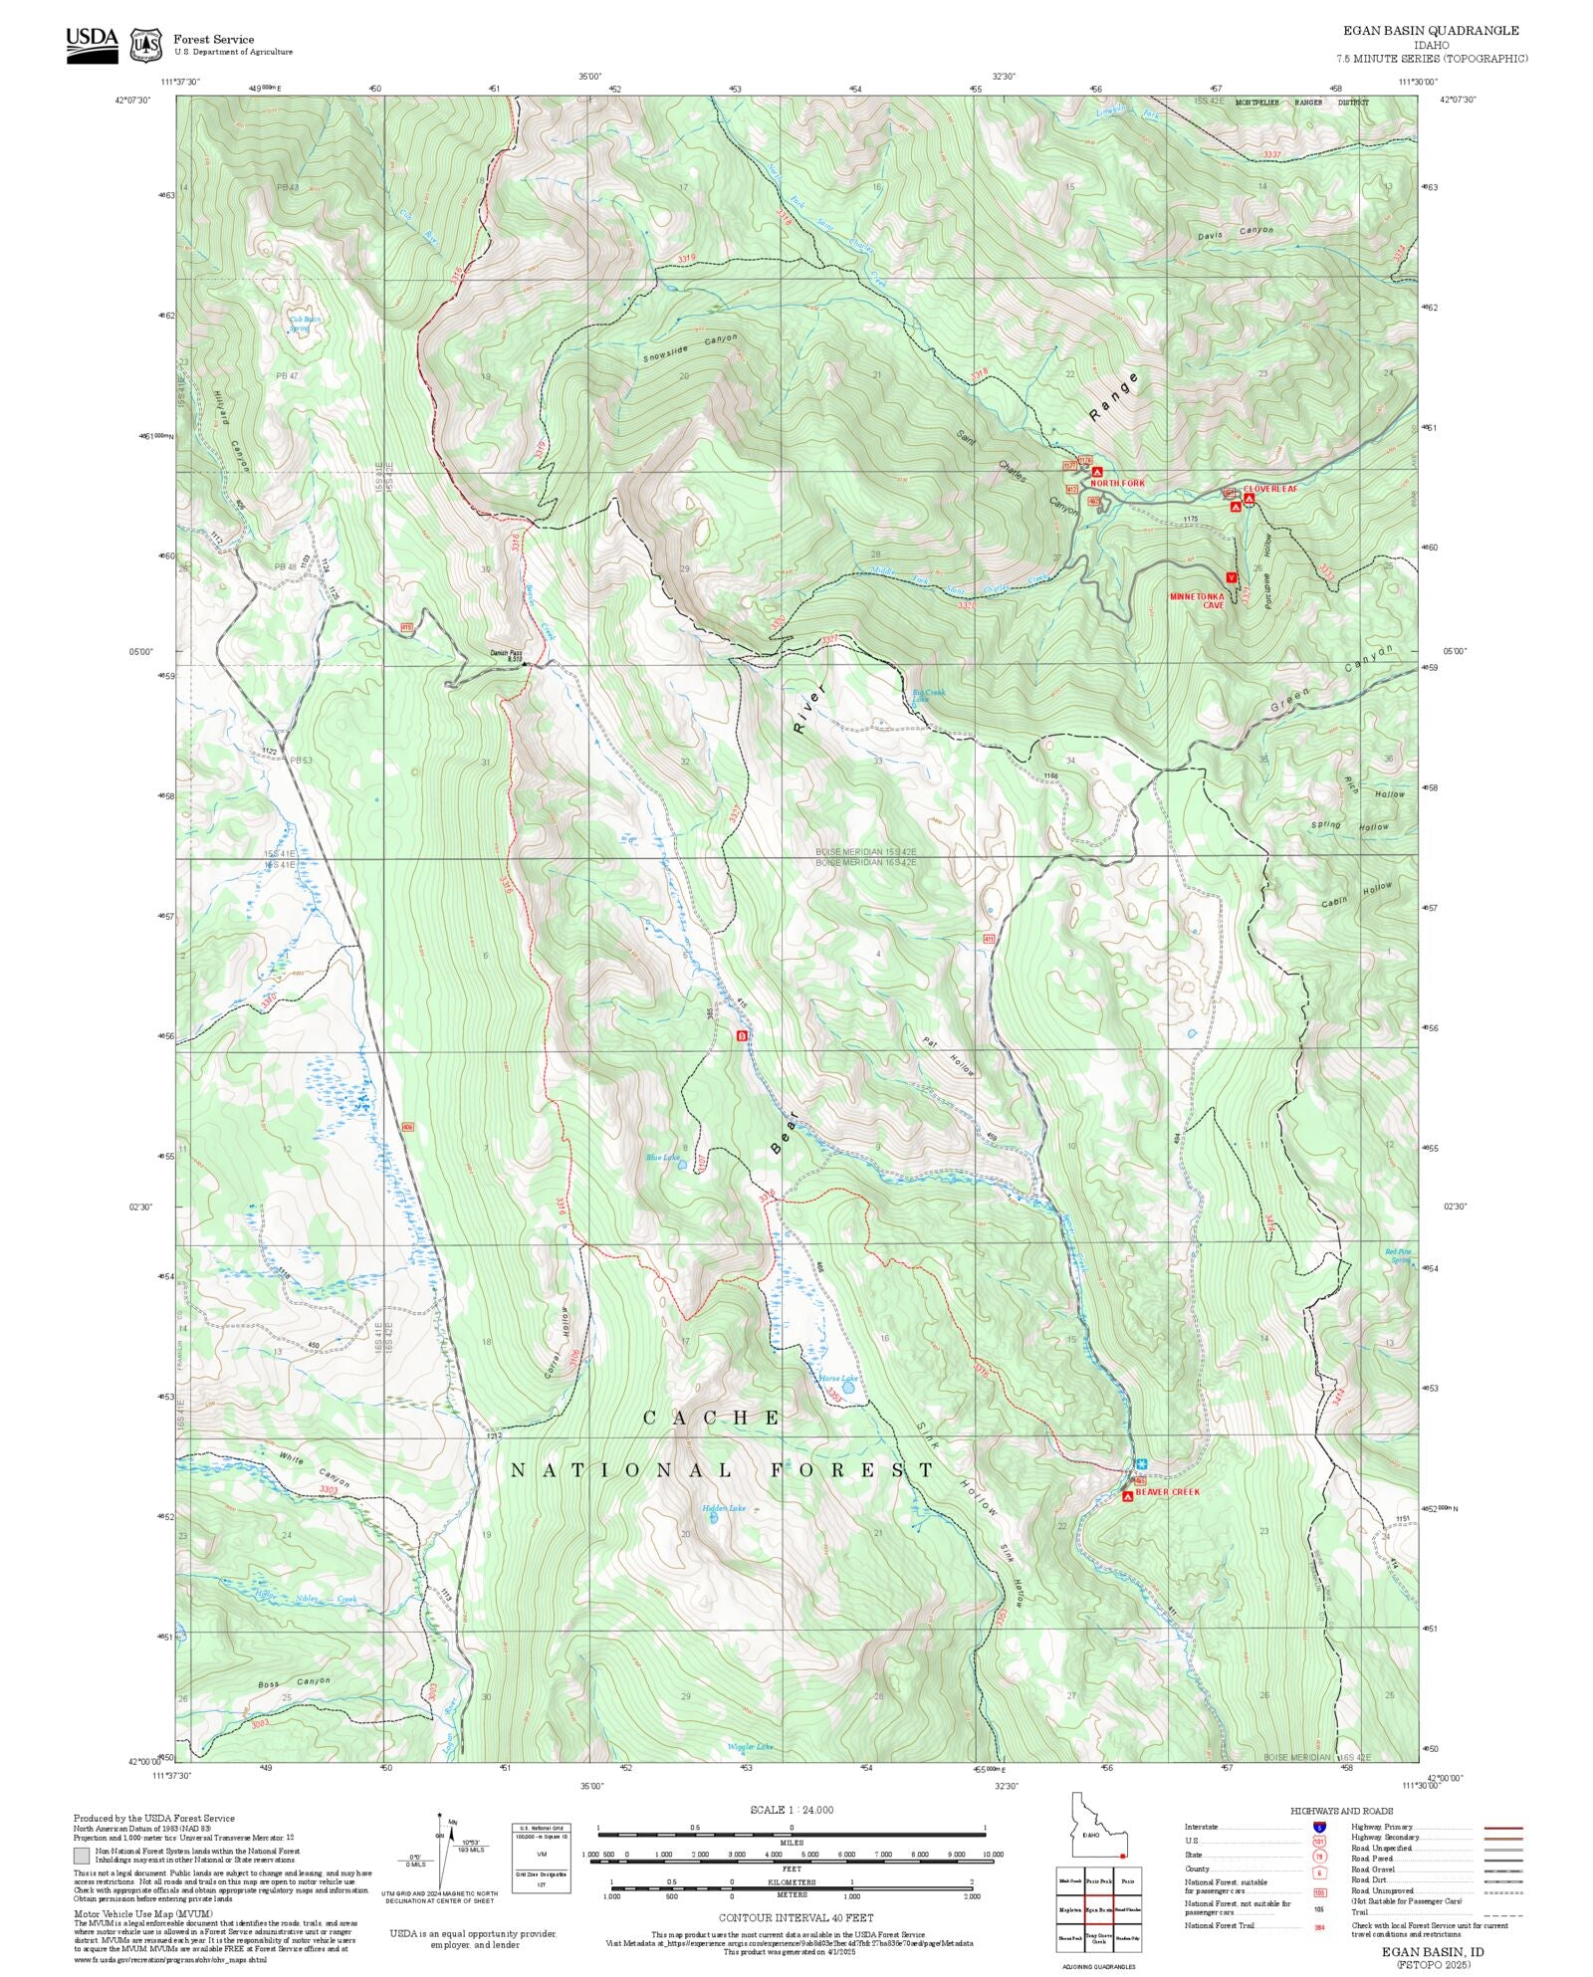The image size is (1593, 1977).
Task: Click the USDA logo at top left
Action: coord(92,45)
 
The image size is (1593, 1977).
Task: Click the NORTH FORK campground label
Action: coord(1117,483)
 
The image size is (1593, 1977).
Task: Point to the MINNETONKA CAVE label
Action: coord(1197,600)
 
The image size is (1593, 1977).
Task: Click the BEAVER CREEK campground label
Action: coord(1167,1492)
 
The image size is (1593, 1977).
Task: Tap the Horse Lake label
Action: coord(837,1379)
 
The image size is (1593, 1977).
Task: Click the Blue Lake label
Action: coord(662,1157)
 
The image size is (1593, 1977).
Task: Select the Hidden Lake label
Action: coord(723,1508)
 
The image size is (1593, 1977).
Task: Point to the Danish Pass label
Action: coord(506,654)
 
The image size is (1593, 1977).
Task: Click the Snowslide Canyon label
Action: coord(690,348)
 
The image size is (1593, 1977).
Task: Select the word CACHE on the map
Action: coord(712,1418)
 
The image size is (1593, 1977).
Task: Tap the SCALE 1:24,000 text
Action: coord(792,1810)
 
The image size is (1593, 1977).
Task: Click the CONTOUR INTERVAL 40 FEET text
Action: coord(796,1916)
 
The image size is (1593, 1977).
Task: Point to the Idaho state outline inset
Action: coord(1095,1826)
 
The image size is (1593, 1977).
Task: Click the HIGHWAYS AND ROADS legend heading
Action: coord(1341,1811)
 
